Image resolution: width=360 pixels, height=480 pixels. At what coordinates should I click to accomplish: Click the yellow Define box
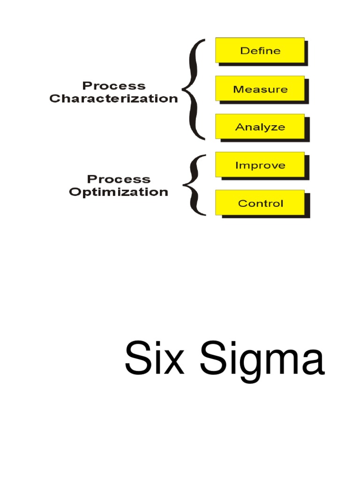coord(260,50)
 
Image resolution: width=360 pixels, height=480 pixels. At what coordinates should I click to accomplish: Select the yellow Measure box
coord(260,89)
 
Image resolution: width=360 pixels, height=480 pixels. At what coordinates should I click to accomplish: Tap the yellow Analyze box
coord(260,127)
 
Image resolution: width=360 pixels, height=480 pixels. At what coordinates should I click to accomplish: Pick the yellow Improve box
coord(260,165)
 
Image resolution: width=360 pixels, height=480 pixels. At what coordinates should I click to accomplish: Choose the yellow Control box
coord(260,203)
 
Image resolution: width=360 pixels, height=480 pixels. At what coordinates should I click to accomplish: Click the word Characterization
coord(114,99)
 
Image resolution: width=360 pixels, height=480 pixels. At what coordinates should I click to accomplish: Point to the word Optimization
coord(119,192)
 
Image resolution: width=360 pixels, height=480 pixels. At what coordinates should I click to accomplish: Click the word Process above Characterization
coord(114,86)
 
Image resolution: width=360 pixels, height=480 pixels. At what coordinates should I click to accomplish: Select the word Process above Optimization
coord(119,180)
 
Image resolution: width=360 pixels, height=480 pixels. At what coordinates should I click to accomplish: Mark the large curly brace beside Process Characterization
coord(194,89)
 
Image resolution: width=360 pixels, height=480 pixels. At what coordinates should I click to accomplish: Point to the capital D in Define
coord(244,50)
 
